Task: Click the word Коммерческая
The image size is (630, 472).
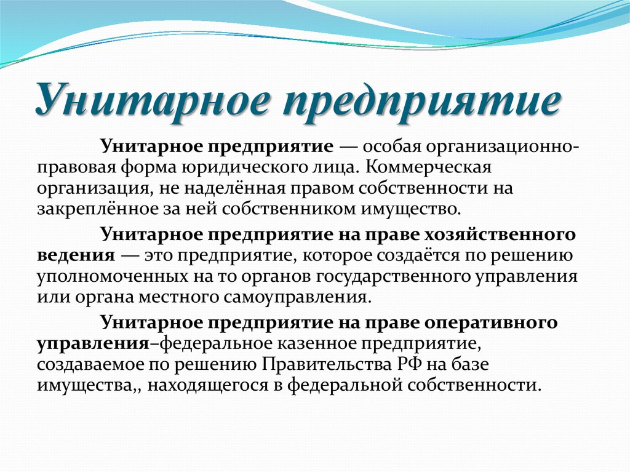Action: point(428,167)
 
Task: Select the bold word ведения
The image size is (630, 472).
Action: point(76,257)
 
